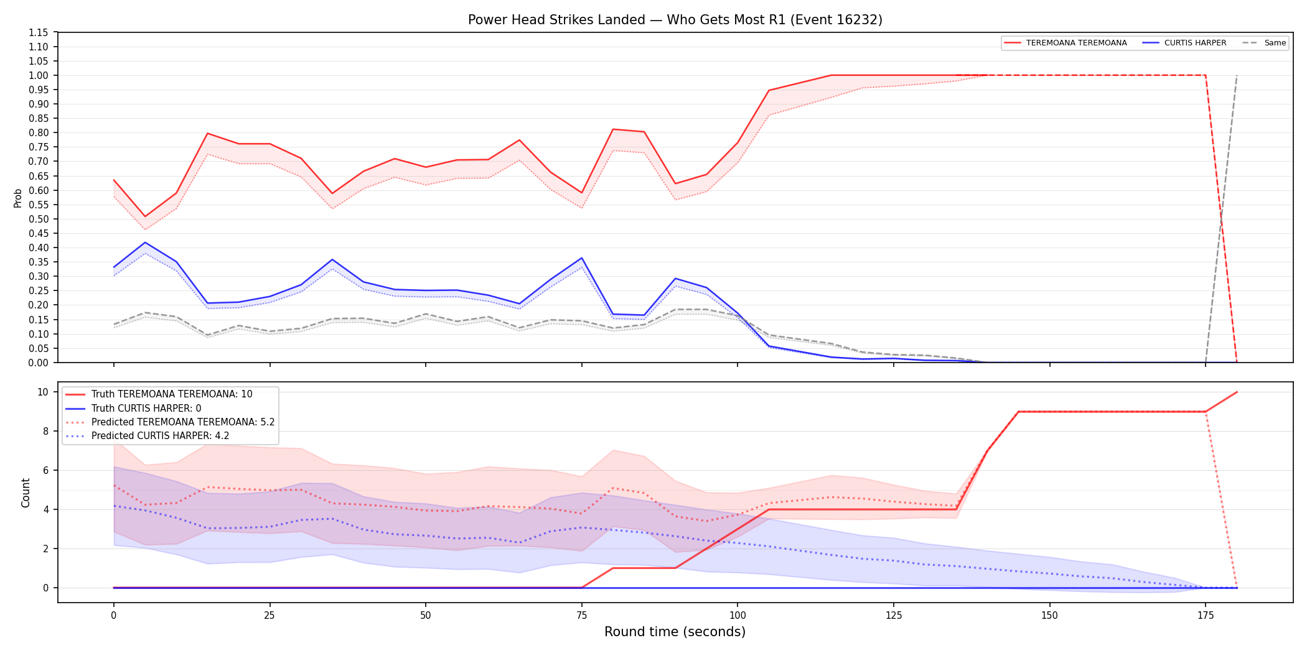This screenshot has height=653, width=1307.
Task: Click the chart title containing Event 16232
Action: point(675,20)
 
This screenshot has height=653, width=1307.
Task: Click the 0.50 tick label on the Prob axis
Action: point(39,219)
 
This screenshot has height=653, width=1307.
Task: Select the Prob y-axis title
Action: point(18,198)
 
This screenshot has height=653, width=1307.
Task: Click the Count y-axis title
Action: point(26,493)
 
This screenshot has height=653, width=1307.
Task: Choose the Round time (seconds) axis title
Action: point(675,632)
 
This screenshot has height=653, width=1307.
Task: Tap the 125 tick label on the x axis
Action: point(894,616)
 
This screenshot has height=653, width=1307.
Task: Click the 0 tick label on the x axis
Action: point(113,616)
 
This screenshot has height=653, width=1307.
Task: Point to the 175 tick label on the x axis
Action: point(1206,616)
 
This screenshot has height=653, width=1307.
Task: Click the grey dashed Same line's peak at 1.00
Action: point(1237,75)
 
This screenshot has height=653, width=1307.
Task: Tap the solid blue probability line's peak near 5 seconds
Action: point(145,243)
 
